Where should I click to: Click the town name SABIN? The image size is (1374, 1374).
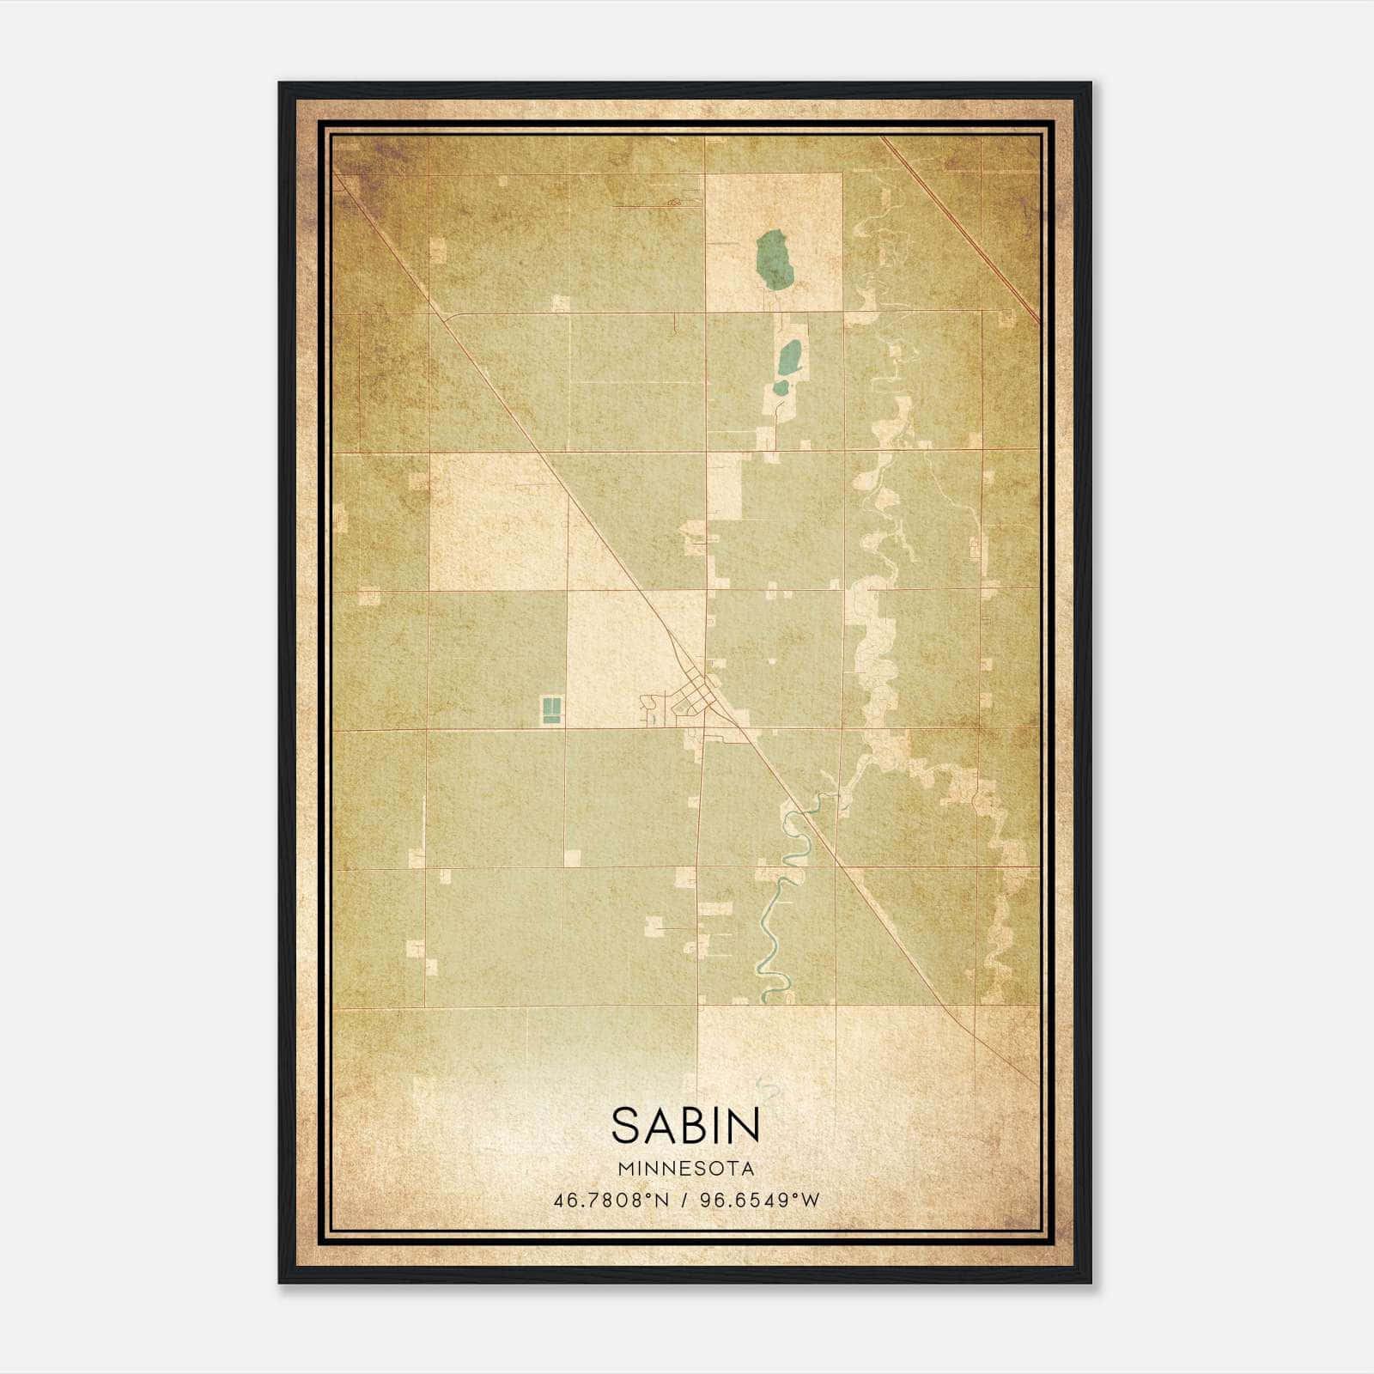[685, 1125]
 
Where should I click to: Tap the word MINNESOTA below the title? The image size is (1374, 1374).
[685, 1169]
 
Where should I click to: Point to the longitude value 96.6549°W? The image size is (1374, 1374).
[760, 1200]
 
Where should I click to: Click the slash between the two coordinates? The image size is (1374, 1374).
[684, 1200]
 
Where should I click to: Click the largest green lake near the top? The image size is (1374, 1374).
[775, 260]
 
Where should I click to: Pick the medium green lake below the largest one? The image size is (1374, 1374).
[789, 357]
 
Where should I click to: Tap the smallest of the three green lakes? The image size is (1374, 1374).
[781, 387]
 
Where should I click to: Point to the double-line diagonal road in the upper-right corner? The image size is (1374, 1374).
[962, 228]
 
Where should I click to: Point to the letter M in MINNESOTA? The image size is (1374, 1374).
[623, 1169]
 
